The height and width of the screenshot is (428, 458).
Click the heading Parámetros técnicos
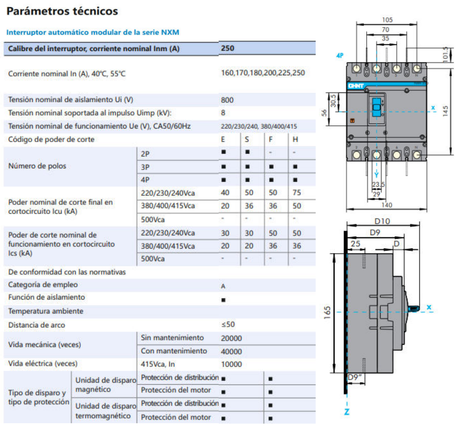point(62,11)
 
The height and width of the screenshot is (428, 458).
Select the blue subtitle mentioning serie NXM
point(93,32)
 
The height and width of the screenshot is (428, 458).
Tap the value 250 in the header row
point(227,48)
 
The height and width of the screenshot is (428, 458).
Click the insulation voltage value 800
point(227,100)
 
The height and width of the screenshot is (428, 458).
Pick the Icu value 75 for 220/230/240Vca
point(297,193)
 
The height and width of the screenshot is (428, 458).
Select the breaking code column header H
point(295,139)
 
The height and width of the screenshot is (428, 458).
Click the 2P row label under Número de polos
point(145,154)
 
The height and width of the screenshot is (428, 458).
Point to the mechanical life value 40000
point(231,351)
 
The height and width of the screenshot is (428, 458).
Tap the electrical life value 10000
point(231,364)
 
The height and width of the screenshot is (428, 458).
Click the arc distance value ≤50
point(228,325)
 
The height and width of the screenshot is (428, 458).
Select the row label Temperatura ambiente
point(46,311)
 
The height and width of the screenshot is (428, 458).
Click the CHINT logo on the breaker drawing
point(356,86)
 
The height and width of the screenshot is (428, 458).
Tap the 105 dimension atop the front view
point(387,20)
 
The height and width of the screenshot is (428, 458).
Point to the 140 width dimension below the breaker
point(386,205)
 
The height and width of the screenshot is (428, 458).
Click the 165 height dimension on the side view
point(327,313)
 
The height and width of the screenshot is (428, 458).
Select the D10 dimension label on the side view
point(382,221)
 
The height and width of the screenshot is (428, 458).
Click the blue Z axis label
point(347,412)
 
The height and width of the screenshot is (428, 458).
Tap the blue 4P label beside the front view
point(340,56)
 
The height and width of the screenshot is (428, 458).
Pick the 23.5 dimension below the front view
point(378,185)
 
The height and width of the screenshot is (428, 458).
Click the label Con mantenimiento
point(174,351)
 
